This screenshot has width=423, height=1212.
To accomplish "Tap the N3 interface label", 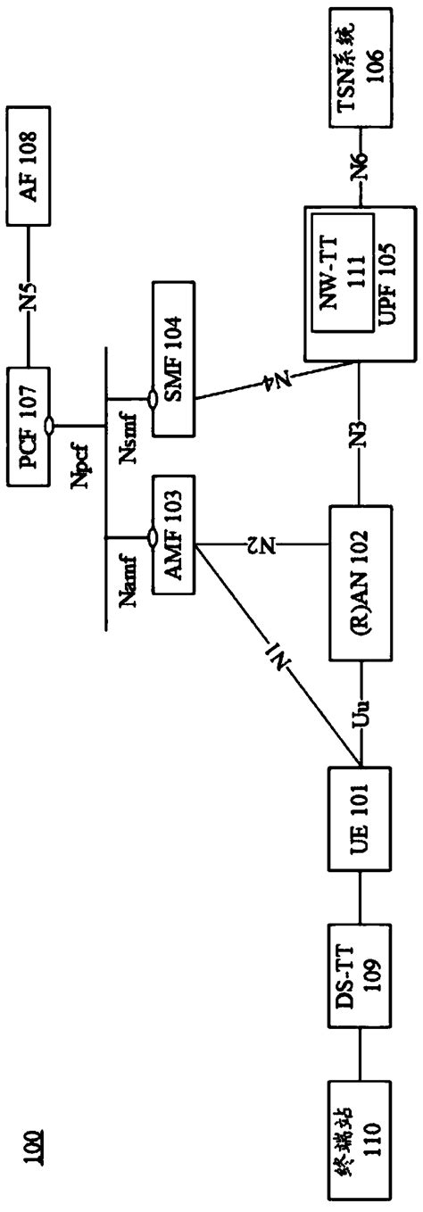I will point(361,445).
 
